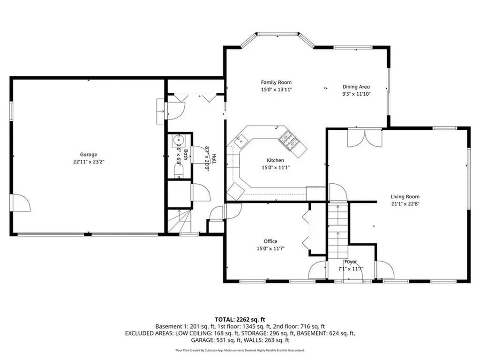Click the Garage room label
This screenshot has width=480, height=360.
[x=88, y=155]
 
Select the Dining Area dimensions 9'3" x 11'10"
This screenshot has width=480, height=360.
[x=356, y=94]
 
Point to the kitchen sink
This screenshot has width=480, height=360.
[x=241, y=139]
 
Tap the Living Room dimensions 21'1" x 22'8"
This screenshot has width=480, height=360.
[x=405, y=204]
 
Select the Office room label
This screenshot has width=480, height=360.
[x=270, y=241]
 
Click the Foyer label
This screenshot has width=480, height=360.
[x=351, y=262]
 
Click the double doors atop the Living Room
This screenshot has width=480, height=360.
[x=364, y=137]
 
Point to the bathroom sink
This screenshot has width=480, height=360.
[x=179, y=141]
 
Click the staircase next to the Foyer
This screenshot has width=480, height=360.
[x=337, y=230]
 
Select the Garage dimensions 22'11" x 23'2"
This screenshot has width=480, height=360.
[x=88, y=162]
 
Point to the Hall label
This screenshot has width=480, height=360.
[x=214, y=158]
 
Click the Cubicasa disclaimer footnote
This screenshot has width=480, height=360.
[x=240, y=350]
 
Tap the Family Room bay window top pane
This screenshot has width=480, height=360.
[x=277, y=34]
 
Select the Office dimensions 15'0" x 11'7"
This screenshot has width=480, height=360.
[x=270, y=248]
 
